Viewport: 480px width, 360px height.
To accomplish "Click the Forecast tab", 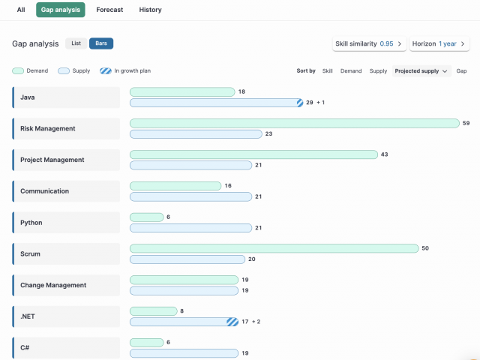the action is [x=109, y=10].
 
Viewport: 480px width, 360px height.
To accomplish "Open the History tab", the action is [x=150, y=10].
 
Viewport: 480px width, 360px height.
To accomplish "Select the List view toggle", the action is [x=76, y=43].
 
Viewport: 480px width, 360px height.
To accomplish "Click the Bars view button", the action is [x=101, y=43].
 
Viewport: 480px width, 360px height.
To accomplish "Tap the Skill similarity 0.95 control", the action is [x=369, y=43].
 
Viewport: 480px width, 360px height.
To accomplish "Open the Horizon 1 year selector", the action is [x=439, y=43].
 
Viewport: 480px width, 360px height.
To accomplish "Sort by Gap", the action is [x=461, y=71].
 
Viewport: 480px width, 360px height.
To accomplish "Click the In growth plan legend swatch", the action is [x=106, y=71].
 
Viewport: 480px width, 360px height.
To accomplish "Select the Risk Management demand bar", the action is [x=295, y=123].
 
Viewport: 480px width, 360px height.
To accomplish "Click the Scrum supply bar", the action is [x=187, y=259].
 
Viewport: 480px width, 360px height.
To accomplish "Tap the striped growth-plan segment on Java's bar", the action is [x=300, y=103].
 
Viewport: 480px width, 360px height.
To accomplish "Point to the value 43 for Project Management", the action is [x=384, y=154].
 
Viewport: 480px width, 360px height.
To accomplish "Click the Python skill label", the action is [x=31, y=223].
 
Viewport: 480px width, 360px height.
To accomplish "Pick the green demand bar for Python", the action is [x=147, y=217].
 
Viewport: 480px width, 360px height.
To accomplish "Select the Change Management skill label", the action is [x=53, y=285].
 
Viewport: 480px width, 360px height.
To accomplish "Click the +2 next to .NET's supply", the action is [x=256, y=322].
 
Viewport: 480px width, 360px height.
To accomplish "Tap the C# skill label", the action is [x=25, y=347].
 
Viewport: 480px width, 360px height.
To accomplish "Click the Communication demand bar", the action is [x=175, y=186].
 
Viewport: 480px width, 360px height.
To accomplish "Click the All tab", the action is [x=21, y=10].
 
